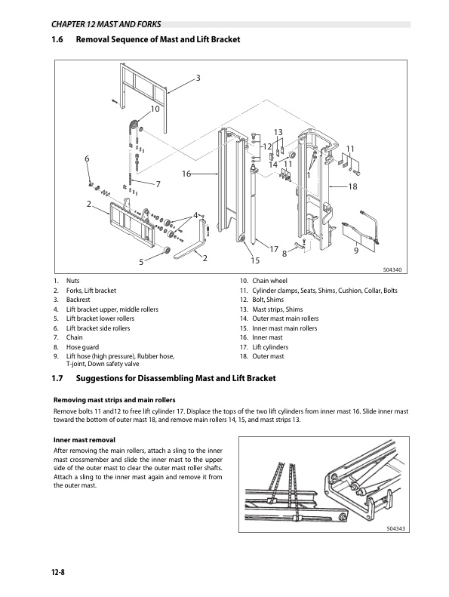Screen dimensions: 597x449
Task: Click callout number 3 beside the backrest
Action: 198,78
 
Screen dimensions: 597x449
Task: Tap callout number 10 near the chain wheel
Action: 155,109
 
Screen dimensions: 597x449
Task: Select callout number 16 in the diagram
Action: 186,174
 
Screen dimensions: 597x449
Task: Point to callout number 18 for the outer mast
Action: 352,186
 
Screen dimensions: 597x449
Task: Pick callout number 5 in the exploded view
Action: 141,262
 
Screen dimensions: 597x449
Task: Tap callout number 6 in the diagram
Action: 87,158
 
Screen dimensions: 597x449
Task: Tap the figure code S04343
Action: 395,528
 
